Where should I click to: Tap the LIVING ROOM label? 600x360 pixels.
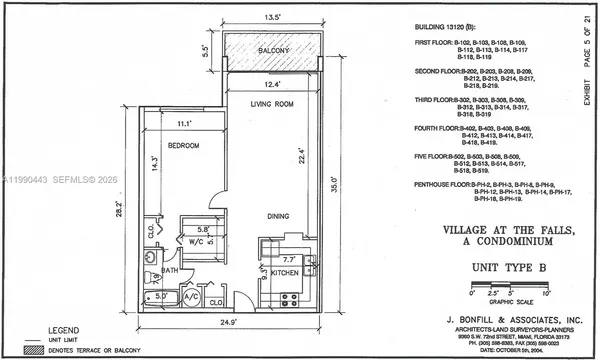(271, 104)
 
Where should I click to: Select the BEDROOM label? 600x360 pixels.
(183, 145)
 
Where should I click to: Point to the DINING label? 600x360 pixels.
(279, 216)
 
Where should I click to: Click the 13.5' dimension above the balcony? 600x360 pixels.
(270, 16)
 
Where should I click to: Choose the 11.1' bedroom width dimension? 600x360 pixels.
(182, 123)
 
